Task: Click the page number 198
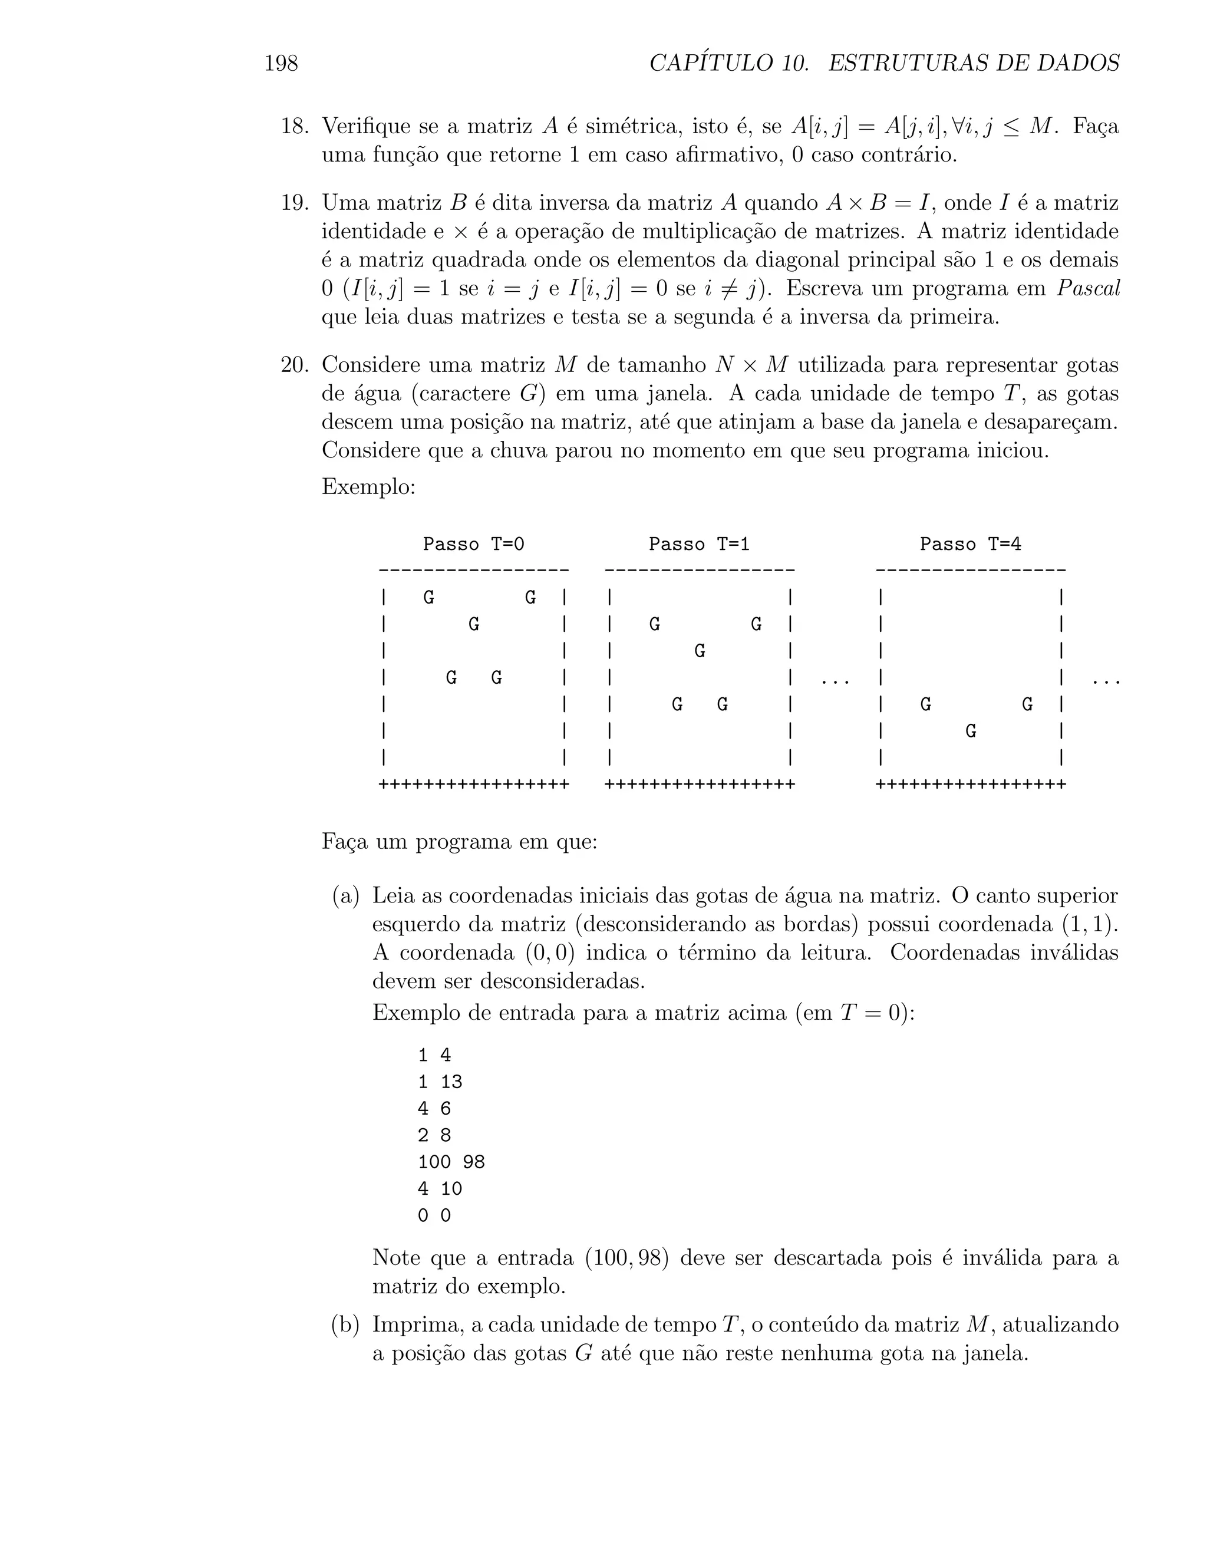pos(281,64)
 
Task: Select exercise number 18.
pos(294,127)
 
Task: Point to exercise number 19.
pos(294,203)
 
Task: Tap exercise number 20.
pos(294,365)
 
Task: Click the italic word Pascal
pos(1087,289)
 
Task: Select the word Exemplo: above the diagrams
pos(368,486)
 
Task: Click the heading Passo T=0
pos(473,544)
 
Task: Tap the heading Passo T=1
pos(698,544)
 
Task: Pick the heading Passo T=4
pos(970,544)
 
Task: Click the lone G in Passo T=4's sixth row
pos(970,731)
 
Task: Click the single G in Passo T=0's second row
pos(473,624)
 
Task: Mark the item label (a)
pos(345,896)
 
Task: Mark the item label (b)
pos(345,1325)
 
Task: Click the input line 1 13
pos(440,1082)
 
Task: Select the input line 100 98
pos(451,1162)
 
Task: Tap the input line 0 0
pos(434,1216)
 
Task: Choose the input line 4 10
pos(440,1189)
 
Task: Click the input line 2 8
pos(434,1136)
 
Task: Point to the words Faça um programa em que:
pos(459,842)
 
